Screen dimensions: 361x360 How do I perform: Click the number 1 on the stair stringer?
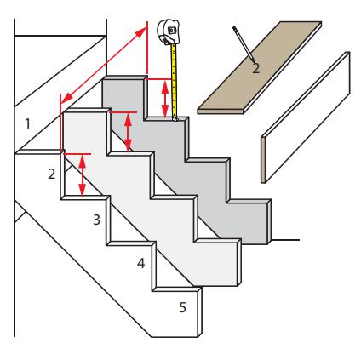point(27,123)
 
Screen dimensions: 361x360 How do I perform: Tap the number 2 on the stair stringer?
point(51,174)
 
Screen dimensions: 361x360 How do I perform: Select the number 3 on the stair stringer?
point(97,220)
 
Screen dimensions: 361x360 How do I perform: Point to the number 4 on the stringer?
point(140,263)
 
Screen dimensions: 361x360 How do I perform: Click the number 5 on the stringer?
point(182,307)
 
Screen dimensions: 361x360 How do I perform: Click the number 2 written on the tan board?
point(255,69)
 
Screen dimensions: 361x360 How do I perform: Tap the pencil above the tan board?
point(244,43)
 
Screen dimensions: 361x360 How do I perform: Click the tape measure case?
point(169,31)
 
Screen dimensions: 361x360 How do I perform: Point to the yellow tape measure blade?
point(175,81)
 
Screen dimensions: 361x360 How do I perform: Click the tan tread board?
point(260,67)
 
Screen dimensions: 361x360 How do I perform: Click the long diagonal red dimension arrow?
point(104,65)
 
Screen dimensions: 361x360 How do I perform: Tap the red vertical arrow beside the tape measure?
point(165,99)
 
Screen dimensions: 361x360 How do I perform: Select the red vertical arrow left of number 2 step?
point(83,175)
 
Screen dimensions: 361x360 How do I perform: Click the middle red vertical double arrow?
point(128,132)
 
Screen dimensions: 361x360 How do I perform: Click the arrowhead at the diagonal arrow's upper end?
point(142,31)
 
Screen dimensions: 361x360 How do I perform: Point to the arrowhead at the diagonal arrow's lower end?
point(66,99)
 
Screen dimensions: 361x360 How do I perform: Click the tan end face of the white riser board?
point(263,160)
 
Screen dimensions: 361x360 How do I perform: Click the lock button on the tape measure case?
point(171,30)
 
